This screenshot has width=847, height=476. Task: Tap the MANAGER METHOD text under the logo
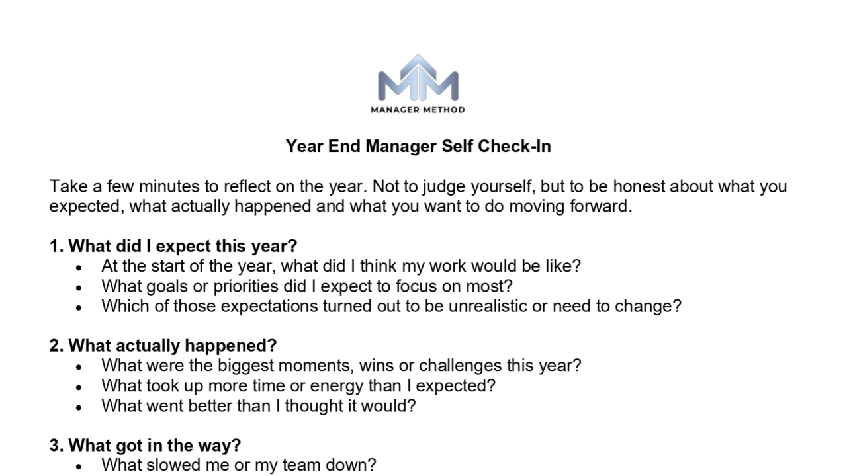pyautogui.click(x=418, y=110)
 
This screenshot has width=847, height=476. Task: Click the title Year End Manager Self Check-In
pyautogui.click(x=418, y=146)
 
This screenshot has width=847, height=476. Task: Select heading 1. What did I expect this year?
pyautogui.click(x=173, y=246)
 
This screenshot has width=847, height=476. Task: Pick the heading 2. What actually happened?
pyautogui.click(x=163, y=345)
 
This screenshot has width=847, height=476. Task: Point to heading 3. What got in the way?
pyautogui.click(x=145, y=445)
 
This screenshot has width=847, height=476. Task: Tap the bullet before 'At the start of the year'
pyautogui.click(x=79, y=268)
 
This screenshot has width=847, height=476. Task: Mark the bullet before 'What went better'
pyautogui.click(x=79, y=407)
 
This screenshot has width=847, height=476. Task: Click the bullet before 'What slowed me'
pyautogui.click(x=79, y=466)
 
